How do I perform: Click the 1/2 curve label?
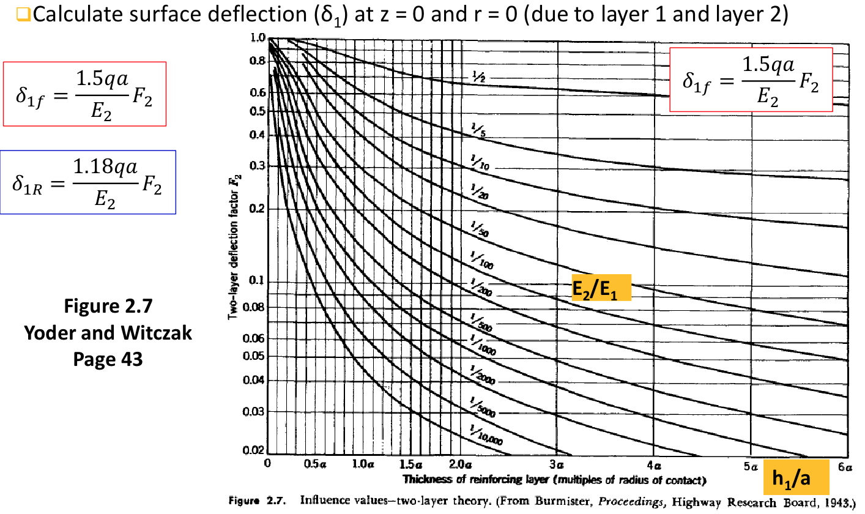click(x=479, y=78)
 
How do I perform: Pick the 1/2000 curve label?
click(x=483, y=374)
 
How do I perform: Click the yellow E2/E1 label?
click(x=601, y=288)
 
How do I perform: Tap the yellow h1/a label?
click(x=795, y=477)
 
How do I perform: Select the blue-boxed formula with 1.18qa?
click(x=89, y=182)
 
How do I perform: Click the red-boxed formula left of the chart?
click(x=84, y=94)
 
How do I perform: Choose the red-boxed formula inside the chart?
click(x=751, y=80)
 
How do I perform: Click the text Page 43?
click(x=108, y=359)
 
